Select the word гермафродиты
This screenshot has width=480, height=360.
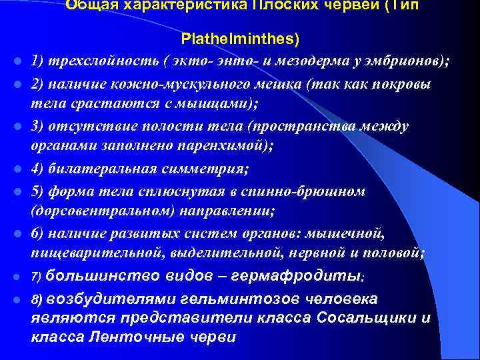pyautogui.click(x=303, y=275)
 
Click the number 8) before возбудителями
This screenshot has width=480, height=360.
pyautogui.click(x=37, y=299)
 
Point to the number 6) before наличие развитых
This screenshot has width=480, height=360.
pyautogui.click(x=38, y=233)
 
